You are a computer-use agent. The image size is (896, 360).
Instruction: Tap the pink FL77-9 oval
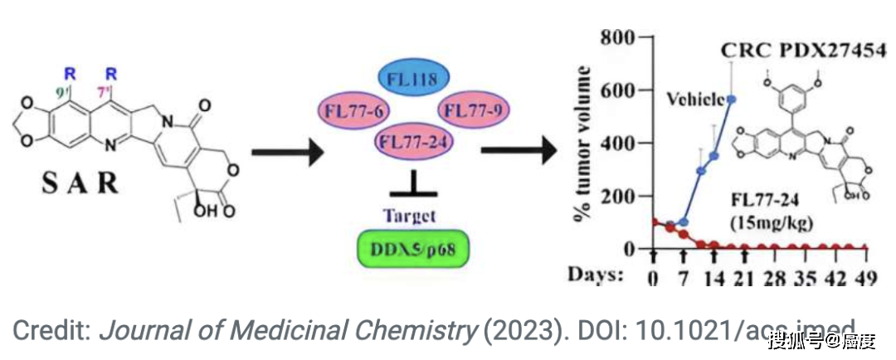click(x=474, y=110)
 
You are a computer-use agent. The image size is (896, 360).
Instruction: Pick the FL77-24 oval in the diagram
click(x=415, y=142)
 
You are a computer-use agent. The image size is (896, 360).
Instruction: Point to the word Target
click(x=410, y=216)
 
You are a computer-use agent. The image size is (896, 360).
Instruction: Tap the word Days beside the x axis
click(x=595, y=275)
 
